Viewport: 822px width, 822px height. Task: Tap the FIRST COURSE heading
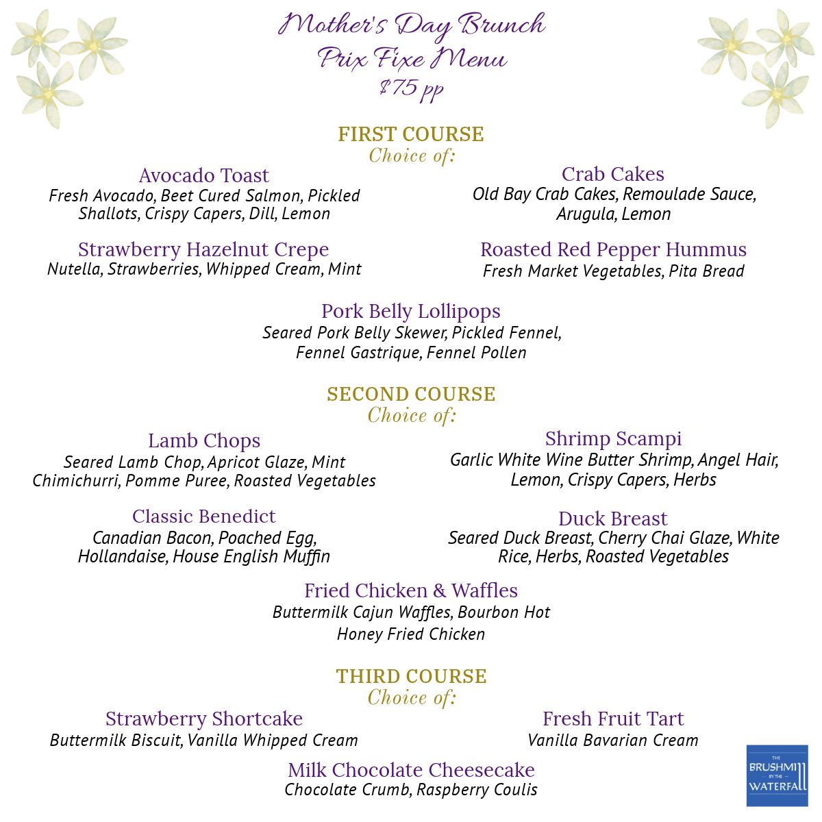pyautogui.click(x=411, y=134)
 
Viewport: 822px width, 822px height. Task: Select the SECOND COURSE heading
pyautogui.click(x=411, y=395)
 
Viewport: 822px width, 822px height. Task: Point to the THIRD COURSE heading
pyautogui.click(x=411, y=677)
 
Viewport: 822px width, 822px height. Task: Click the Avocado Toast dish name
pyautogui.click(x=204, y=175)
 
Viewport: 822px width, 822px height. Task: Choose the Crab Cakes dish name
pyautogui.click(x=613, y=174)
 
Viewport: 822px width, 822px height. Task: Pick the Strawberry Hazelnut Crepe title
pyautogui.click(x=203, y=249)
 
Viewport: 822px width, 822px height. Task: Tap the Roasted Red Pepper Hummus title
pyautogui.click(x=613, y=249)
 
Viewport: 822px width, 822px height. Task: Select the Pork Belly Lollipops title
pyautogui.click(x=411, y=311)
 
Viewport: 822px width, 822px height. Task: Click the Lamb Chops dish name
pyautogui.click(x=204, y=441)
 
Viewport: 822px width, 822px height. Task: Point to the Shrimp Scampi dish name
pyautogui.click(x=613, y=438)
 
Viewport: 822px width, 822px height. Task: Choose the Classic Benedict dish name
pyautogui.click(x=204, y=516)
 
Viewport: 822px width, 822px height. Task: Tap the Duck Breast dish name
pyautogui.click(x=613, y=519)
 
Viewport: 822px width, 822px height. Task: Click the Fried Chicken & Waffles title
pyautogui.click(x=411, y=590)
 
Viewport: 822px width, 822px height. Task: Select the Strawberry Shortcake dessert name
pyautogui.click(x=204, y=719)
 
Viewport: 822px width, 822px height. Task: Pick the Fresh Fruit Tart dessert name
pyautogui.click(x=613, y=719)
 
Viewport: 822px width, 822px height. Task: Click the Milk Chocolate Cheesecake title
pyautogui.click(x=411, y=770)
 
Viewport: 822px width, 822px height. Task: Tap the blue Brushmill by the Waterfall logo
pyautogui.click(x=777, y=776)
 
